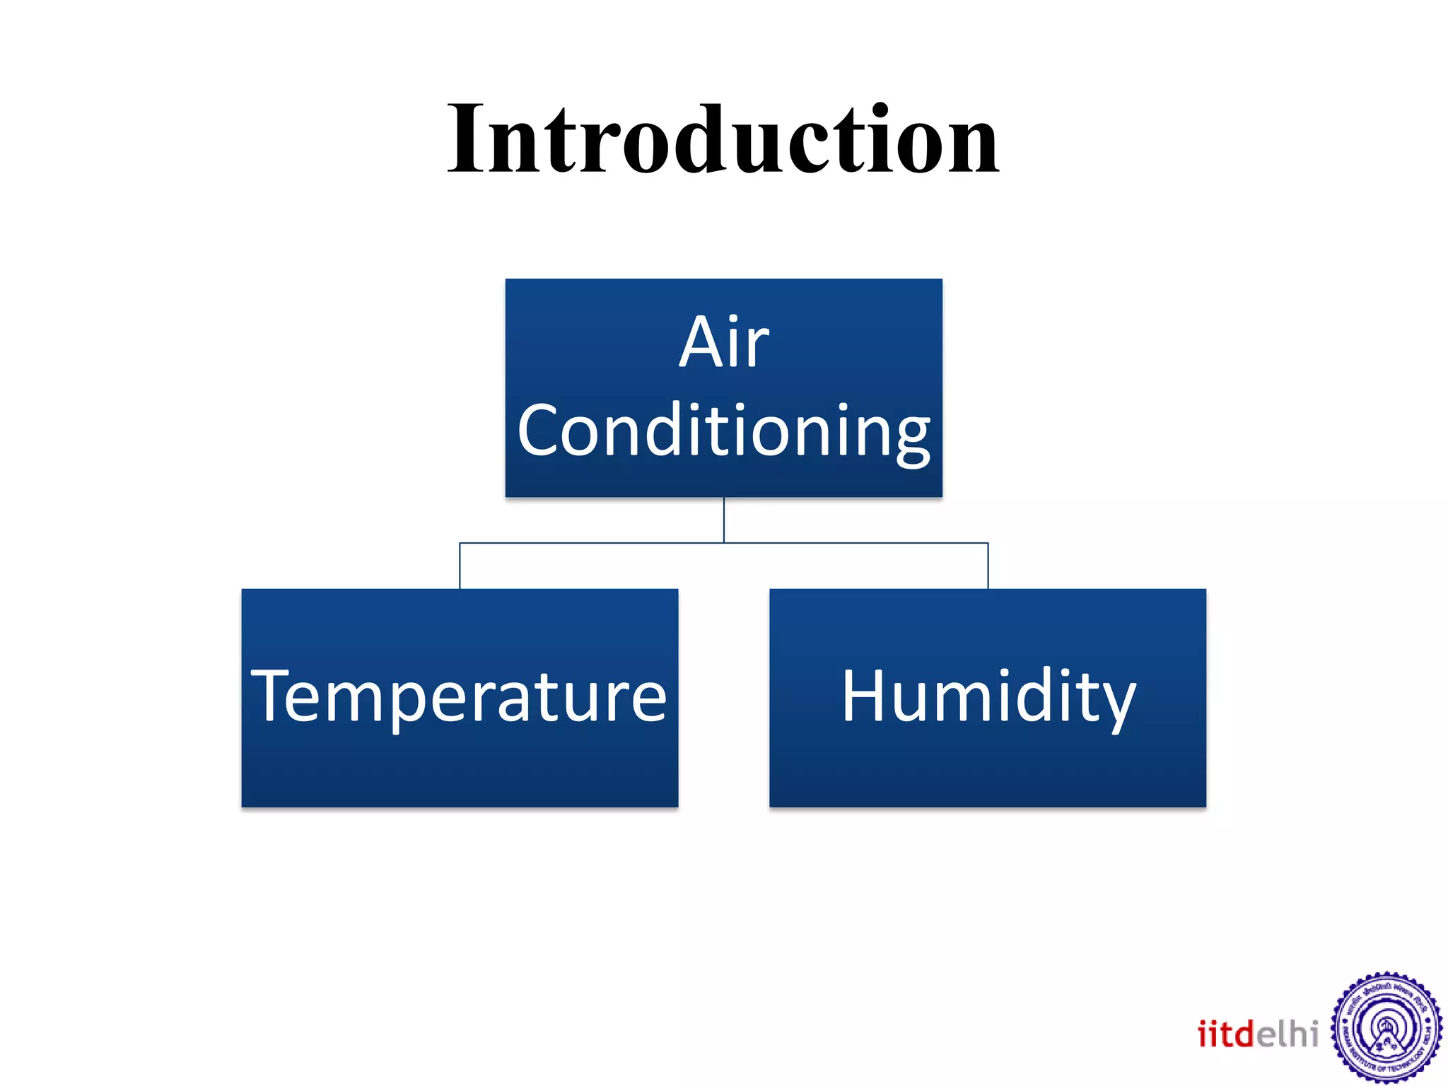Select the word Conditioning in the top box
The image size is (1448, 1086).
(723, 430)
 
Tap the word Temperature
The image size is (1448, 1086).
(460, 697)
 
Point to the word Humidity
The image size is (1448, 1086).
(988, 697)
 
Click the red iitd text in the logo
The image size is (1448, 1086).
(1225, 1034)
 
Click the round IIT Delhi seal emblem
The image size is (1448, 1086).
(1386, 1029)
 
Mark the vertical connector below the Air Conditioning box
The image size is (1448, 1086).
(724, 520)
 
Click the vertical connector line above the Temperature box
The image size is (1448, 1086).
(460, 566)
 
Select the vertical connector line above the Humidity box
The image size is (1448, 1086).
(988, 566)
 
